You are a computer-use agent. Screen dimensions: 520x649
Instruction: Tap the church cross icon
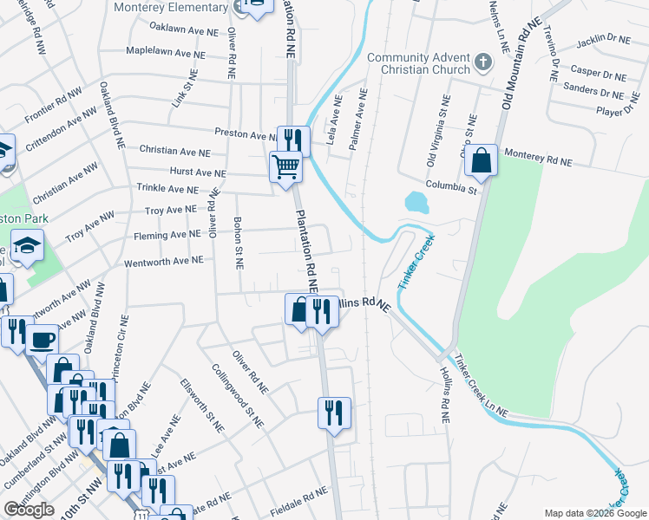click(x=484, y=62)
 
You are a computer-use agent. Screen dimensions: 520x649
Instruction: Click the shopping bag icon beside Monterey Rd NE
click(x=480, y=159)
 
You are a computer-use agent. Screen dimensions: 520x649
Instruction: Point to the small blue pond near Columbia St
click(x=416, y=203)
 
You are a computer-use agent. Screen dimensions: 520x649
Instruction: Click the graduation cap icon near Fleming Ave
click(x=27, y=245)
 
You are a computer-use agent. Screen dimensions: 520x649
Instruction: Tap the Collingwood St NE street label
click(x=237, y=395)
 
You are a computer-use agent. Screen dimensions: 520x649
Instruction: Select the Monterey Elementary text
click(x=171, y=7)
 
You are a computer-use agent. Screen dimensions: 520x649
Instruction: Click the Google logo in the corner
click(x=29, y=510)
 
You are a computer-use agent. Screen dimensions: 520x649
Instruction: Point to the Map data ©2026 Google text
click(x=594, y=513)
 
